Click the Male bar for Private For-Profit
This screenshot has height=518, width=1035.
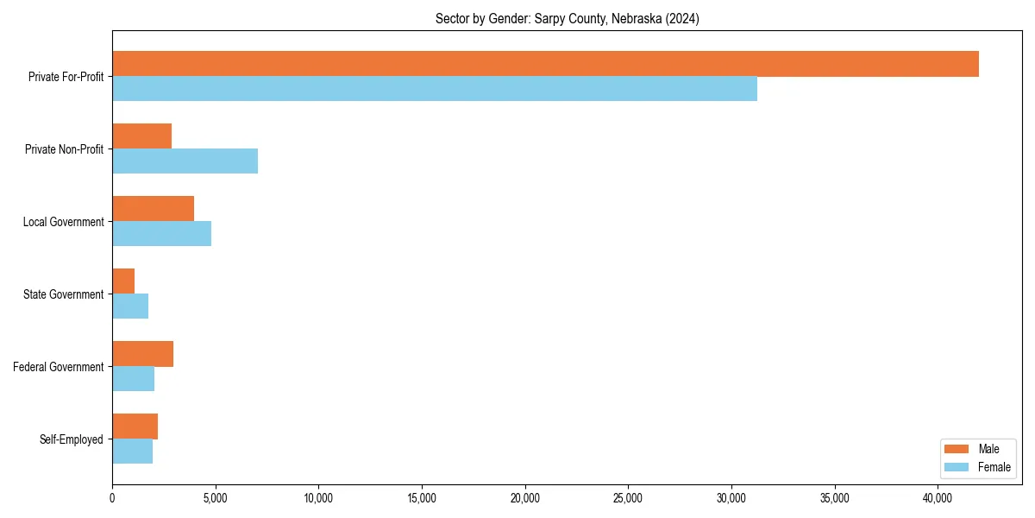tap(545, 64)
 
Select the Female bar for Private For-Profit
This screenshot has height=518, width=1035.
tap(435, 89)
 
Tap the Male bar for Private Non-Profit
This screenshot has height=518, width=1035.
tap(141, 136)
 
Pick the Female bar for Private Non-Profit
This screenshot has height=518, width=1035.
tap(185, 161)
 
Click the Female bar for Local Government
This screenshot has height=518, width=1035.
tap(161, 234)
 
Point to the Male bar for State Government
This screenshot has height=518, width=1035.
tap(123, 281)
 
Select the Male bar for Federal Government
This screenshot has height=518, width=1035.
tap(142, 354)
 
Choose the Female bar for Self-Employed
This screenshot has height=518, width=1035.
tap(132, 452)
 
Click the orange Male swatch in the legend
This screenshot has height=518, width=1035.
tap(957, 449)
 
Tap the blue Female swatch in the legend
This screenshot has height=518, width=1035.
tap(957, 467)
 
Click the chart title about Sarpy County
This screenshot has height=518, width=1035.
tap(567, 19)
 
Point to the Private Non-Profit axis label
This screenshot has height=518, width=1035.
tap(64, 149)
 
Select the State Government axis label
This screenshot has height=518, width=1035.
tap(63, 294)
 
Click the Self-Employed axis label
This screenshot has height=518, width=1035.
tap(71, 439)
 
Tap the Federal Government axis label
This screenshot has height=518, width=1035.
tap(58, 367)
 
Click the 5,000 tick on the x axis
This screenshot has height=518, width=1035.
tap(215, 497)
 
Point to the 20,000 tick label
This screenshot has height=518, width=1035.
tap(524, 497)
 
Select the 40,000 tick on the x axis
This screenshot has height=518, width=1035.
tap(938, 497)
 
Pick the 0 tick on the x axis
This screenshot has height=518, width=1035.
tap(112, 497)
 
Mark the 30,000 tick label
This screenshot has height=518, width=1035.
tap(731, 497)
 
